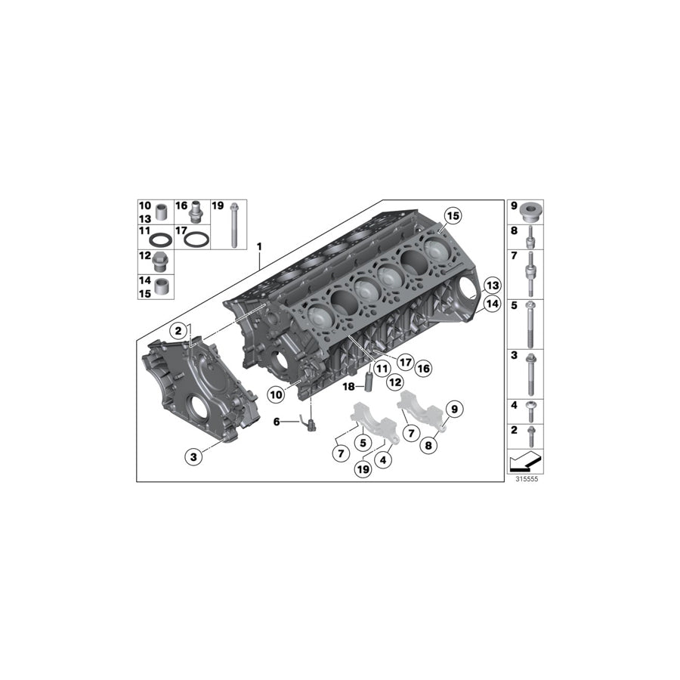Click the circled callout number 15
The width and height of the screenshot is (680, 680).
click(452, 215)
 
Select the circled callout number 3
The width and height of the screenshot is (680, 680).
click(193, 456)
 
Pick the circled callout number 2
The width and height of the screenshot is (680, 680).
click(178, 330)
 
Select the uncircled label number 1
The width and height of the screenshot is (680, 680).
click(259, 246)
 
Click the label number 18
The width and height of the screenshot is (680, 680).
click(348, 387)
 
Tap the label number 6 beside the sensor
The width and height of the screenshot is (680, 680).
click(277, 422)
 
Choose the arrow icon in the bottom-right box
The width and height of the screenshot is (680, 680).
click(525, 459)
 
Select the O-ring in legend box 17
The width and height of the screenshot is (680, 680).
click(196, 240)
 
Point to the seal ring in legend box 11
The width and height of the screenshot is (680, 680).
click(160, 240)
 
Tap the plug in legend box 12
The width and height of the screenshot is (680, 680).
click(160, 263)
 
